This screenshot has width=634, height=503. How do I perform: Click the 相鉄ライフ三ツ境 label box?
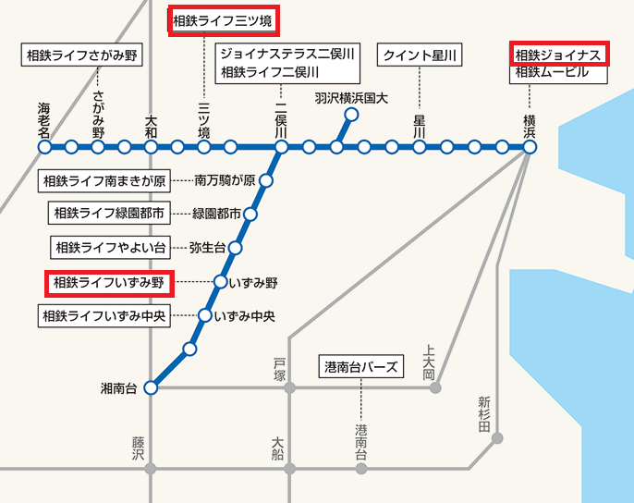click(x=223, y=19)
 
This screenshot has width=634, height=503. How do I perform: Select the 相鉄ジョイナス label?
click(x=559, y=55)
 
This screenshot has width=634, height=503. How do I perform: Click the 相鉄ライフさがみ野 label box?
click(x=81, y=55)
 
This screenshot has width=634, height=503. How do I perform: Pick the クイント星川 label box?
click(x=420, y=55)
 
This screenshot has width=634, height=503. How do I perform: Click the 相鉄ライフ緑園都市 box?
click(x=109, y=214)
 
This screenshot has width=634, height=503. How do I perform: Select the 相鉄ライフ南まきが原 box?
click(x=116, y=180)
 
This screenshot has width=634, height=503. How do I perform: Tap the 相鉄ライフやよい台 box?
click(x=110, y=248)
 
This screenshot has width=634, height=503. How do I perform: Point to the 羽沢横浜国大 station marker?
click(x=350, y=116)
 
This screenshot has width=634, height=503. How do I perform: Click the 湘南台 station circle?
click(x=152, y=388)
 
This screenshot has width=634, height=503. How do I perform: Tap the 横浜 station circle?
click(x=530, y=147)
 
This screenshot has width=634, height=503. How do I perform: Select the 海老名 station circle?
click(x=43, y=147)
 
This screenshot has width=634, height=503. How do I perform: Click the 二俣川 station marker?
click(x=281, y=147)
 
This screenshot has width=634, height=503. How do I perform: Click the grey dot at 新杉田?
click(x=498, y=438)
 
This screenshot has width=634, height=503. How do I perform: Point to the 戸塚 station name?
click(x=280, y=368)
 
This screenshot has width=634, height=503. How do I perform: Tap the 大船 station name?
click(x=278, y=448)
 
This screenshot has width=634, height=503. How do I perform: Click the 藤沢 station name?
click(x=139, y=449)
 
